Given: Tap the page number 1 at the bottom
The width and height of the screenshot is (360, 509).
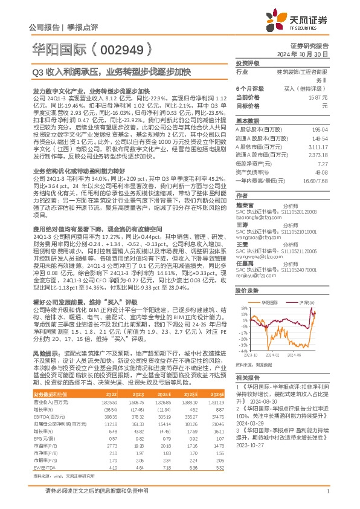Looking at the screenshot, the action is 327,498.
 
